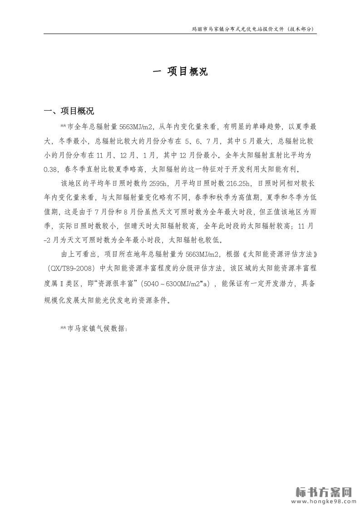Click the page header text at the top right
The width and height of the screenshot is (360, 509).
(x=253, y=29)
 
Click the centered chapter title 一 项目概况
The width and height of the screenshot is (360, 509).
(x=180, y=71)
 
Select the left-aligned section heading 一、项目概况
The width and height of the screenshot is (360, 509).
(x=69, y=111)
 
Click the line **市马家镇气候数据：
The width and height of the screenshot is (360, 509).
(x=94, y=328)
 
